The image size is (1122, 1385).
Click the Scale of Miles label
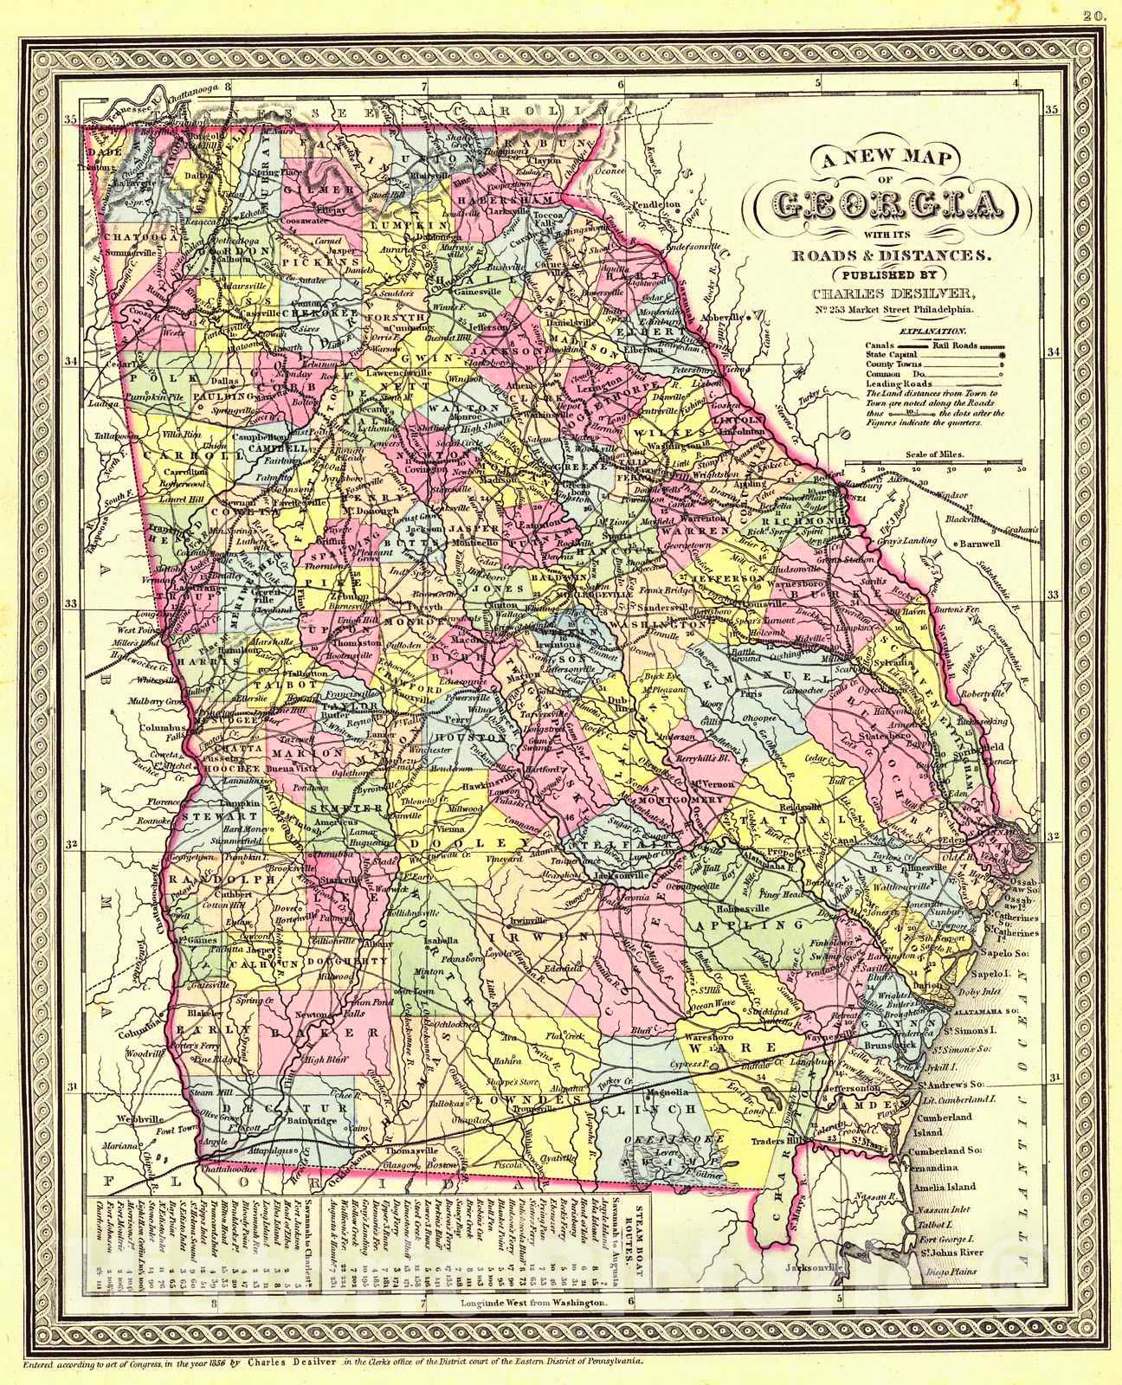click(x=934, y=454)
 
